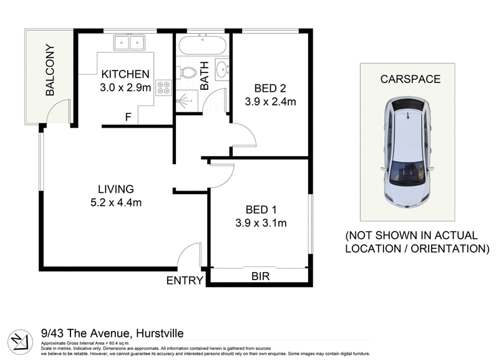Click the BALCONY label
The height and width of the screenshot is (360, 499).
tap(51, 70)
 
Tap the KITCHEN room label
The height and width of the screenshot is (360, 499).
tap(125, 74)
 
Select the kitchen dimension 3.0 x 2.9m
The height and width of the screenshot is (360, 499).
tap(125, 87)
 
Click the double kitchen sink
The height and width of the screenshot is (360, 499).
tap(129, 42)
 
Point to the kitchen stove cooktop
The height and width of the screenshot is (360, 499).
tap(163, 88)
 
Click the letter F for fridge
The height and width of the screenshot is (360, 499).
tap(128, 117)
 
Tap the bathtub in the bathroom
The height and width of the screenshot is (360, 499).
tap(203, 47)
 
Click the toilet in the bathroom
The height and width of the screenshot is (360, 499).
tap(187, 73)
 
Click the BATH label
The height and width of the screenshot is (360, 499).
tap(205, 75)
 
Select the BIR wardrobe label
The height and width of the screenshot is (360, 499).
tap(259, 275)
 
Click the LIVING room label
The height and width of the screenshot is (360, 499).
tap(115, 188)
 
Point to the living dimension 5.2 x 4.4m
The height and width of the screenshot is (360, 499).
tap(115, 202)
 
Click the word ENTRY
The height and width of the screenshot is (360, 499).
tap(185, 281)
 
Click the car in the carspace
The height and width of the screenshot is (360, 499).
tap(407, 153)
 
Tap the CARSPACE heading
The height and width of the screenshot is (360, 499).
tap(410, 79)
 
